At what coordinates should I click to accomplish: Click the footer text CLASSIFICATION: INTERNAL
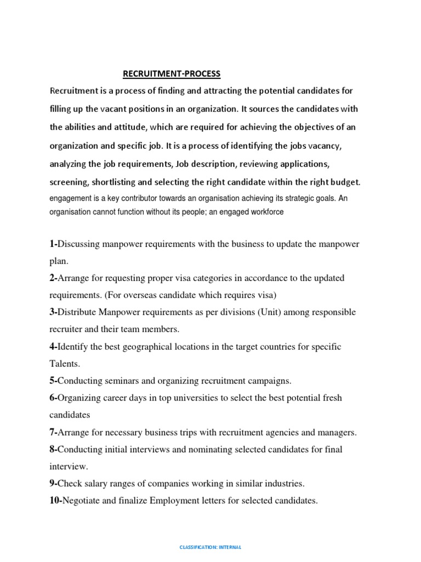coord(210,547)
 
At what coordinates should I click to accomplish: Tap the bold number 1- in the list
coord(53,244)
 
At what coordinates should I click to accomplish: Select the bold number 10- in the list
coord(56,500)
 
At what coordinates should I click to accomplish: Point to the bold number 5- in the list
coord(53,380)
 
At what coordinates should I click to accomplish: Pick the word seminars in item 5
coord(117,380)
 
